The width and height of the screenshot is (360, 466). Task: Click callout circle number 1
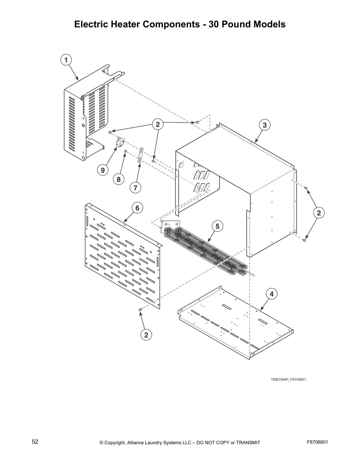pyautogui.click(x=66, y=60)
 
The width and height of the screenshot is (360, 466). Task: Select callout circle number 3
pyautogui.click(x=264, y=125)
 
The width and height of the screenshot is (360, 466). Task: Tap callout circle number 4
pyautogui.click(x=271, y=294)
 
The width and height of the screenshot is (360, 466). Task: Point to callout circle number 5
pyautogui.click(x=217, y=226)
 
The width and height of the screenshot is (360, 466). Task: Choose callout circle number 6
pyautogui.click(x=137, y=208)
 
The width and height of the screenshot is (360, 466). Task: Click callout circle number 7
pyautogui.click(x=135, y=187)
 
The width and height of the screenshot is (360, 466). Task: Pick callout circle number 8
pyautogui.click(x=119, y=179)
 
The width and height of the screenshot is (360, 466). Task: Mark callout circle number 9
pyautogui.click(x=103, y=170)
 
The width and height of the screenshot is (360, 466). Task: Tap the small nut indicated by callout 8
pyautogui.click(x=126, y=151)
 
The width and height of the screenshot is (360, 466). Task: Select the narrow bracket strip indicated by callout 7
pyautogui.click(x=141, y=156)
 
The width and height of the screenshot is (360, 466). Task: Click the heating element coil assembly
pyautogui.click(x=206, y=250)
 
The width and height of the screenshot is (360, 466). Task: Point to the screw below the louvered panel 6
pyautogui.click(x=140, y=309)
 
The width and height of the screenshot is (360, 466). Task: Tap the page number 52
pyautogui.click(x=35, y=442)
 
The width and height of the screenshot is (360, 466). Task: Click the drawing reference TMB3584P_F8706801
pyautogui.click(x=288, y=380)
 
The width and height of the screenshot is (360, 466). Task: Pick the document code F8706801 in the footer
pyautogui.click(x=317, y=442)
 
